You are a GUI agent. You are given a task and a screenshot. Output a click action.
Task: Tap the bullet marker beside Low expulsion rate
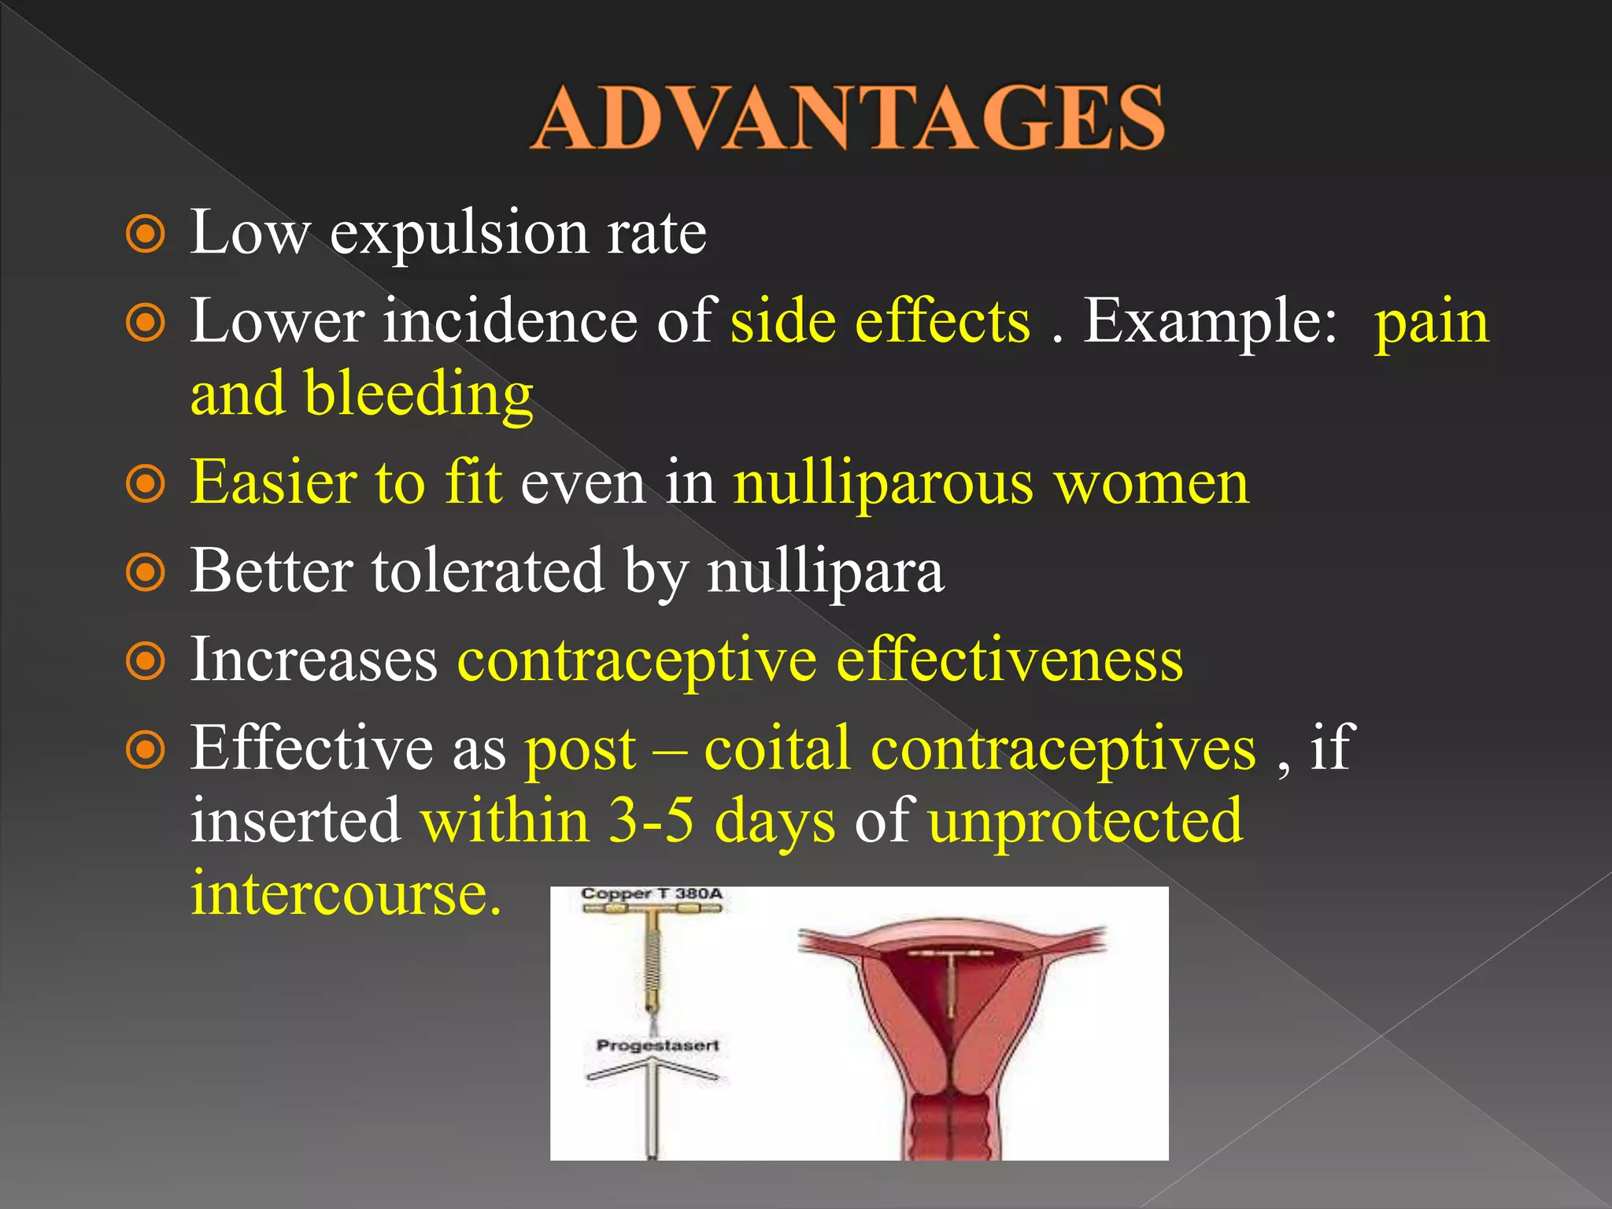(146, 235)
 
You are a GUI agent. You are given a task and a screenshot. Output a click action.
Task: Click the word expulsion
(459, 235)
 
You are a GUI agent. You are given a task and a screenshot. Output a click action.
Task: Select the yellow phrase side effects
(880, 322)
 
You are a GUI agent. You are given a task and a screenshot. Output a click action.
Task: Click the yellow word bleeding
(419, 394)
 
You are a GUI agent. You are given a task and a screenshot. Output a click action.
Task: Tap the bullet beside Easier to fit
(146, 484)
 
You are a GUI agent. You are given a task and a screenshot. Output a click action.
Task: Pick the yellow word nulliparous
(882, 485)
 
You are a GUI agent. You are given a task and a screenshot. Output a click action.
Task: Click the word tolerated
(488, 570)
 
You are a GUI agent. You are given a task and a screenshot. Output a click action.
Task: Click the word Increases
(313, 659)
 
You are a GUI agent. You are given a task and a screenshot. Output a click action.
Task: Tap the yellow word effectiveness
(1009, 659)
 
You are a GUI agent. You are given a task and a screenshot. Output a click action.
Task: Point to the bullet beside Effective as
(146, 749)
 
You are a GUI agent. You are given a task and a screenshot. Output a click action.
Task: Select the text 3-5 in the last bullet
(652, 820)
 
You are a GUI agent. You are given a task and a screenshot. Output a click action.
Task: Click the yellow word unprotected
(1085, 822)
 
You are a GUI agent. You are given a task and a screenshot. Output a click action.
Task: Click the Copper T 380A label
(651, 894)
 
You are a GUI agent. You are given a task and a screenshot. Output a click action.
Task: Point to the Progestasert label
(657, 1045)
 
